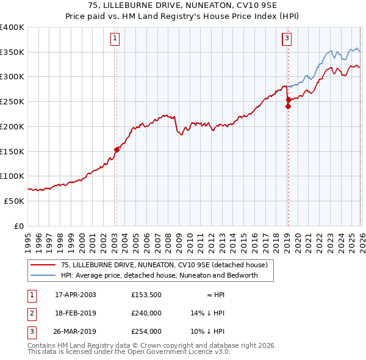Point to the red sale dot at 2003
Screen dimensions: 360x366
tap(117, 149)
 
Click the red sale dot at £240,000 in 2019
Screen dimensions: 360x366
tap(289, 106)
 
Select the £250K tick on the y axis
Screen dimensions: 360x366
tap(12, 102)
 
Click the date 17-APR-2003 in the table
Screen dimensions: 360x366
tap(75, 294)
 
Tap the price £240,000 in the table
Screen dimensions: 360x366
tap(146, 313)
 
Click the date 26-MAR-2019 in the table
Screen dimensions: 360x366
tap(76, 332)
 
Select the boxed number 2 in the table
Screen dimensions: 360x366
tap(31, 313)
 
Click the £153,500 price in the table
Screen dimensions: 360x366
tap(146, 294)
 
